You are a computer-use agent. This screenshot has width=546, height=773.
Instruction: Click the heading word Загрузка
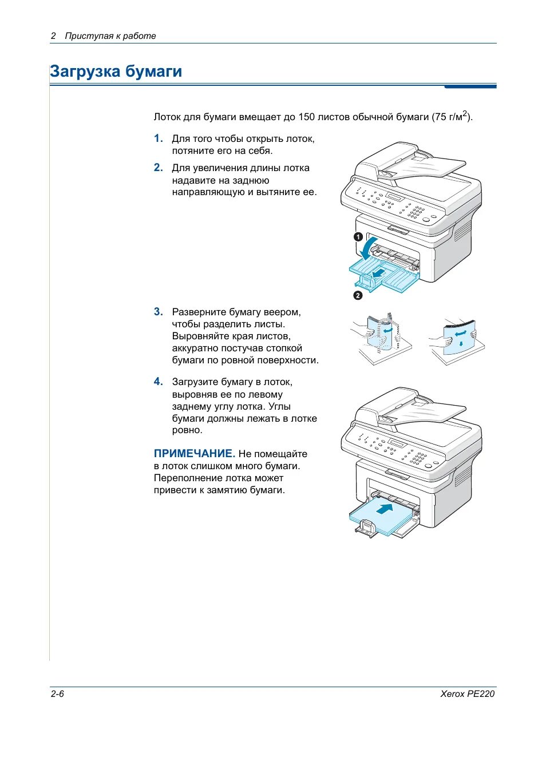[85, 72]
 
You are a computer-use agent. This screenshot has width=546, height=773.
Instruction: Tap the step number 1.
[158, 138]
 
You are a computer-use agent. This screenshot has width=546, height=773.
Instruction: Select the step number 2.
[158, 168]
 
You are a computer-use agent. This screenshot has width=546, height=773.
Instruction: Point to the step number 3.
[158, 312]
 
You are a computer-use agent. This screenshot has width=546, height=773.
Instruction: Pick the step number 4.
[158, 382]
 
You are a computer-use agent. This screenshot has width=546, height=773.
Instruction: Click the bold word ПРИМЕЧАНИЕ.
[194, 454]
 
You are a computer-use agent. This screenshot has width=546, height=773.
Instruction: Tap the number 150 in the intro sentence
[306, 117]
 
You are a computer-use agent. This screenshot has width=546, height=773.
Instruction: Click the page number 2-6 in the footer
[57, 694]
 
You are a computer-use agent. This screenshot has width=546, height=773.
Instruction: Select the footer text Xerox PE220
[467, 694]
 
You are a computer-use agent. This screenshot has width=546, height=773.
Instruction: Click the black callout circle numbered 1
[358, 236]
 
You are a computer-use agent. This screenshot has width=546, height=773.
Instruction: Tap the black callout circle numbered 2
[358, 295]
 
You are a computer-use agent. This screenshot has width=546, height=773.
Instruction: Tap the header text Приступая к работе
[110, 36]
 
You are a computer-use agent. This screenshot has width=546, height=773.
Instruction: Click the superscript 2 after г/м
[465, 114]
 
